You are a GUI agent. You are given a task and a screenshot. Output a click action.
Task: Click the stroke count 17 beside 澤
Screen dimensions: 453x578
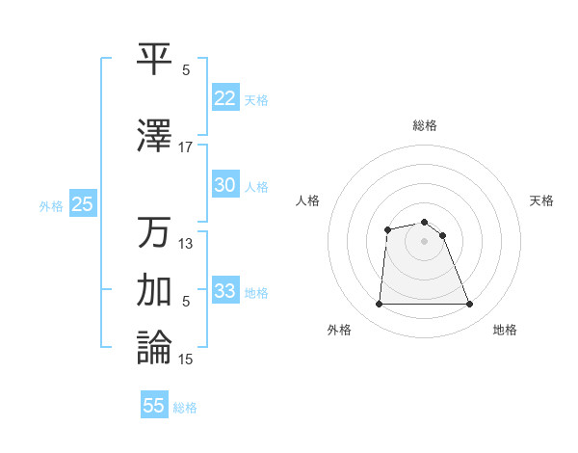(186, 147)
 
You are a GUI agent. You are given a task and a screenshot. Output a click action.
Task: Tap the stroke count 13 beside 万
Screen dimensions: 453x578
(186, 244)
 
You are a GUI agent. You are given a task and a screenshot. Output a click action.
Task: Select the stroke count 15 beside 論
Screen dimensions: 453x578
(186, 360)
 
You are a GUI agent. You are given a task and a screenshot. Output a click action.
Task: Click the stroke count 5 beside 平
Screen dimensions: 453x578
(186, 70)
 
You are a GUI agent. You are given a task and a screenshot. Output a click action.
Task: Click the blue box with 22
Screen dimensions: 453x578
(225, 98)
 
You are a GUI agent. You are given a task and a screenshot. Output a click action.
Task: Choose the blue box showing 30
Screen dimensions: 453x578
(225, 185)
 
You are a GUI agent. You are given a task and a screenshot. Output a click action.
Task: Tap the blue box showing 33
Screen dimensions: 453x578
(225, 291)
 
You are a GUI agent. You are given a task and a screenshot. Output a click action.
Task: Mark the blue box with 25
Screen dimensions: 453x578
(82, 203)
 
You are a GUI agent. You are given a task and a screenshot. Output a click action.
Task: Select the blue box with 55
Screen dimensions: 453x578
(154, 406)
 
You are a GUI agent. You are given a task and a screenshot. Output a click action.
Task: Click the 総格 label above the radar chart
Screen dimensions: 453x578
(424, 125)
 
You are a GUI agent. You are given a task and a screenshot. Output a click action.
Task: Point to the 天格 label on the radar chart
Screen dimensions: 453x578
(541, 200)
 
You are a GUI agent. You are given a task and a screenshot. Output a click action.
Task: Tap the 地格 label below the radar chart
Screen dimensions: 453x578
(505, 330)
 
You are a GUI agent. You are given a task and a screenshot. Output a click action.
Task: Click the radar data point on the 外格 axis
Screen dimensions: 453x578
(379, 305)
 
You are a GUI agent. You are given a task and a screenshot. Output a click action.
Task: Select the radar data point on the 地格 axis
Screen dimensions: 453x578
(470, 305)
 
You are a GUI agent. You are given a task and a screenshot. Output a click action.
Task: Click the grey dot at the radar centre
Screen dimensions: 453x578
(424, 241)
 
